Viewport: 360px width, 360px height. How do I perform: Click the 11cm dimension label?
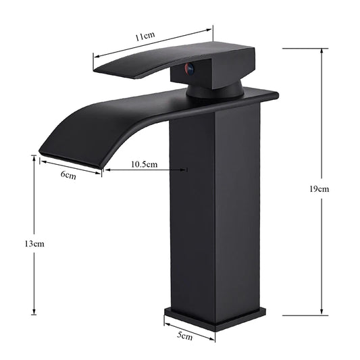click(143, 38)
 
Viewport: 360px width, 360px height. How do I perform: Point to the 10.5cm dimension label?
click(144, 164)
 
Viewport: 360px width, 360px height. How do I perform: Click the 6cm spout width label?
click(68, 175)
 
